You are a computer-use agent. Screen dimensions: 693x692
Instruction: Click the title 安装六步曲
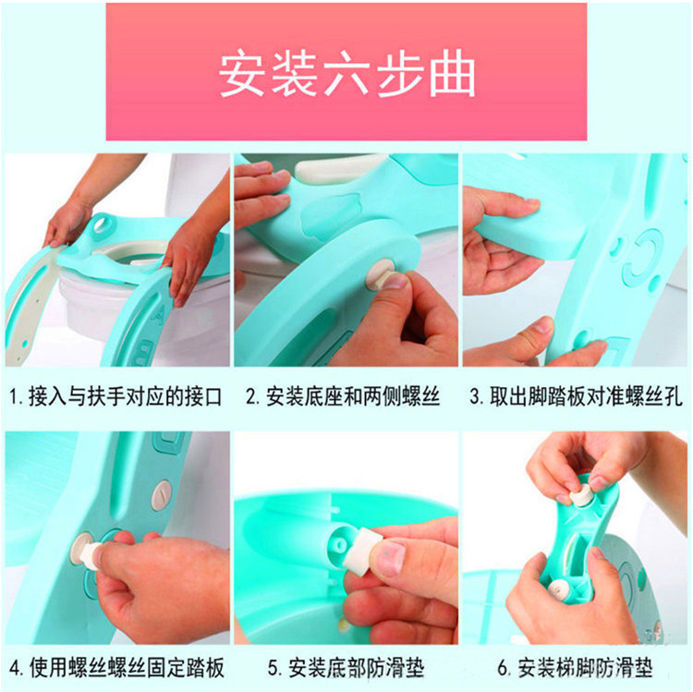[346, 73]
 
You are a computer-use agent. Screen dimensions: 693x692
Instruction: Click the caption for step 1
[115, 396]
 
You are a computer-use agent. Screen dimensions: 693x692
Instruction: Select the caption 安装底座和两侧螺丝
[343, 396]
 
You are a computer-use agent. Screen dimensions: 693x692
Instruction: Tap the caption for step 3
[577, 396]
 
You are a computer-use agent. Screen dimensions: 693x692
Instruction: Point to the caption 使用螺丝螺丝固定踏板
[117, 668]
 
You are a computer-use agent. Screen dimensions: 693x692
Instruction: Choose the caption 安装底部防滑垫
[346, 668]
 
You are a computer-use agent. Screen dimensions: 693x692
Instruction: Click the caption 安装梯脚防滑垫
[575, 668]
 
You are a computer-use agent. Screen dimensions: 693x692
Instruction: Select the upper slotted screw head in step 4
[162, 496]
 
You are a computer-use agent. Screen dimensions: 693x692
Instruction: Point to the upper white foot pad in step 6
[581, 496]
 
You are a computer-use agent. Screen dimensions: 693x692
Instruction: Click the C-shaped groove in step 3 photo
[643, 257]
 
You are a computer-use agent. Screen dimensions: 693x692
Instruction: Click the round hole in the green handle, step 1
[103, 223]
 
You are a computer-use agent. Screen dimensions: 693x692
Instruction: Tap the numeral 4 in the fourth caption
[15, 669]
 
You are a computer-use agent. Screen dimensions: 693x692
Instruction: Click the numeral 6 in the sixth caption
[503, 669]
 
